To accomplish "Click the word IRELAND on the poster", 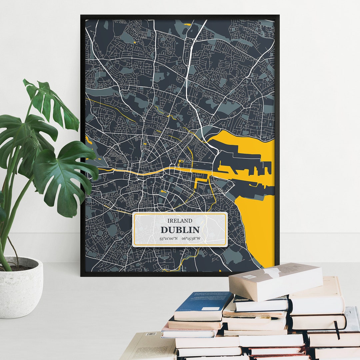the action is pos(180,221).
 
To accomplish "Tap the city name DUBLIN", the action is pos(180,230).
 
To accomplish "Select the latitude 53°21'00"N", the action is pos(168,238).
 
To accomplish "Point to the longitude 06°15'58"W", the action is pos(191,238).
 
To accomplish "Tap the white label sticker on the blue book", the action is pos(210,309).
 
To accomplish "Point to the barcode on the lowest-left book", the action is pos(151,334).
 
